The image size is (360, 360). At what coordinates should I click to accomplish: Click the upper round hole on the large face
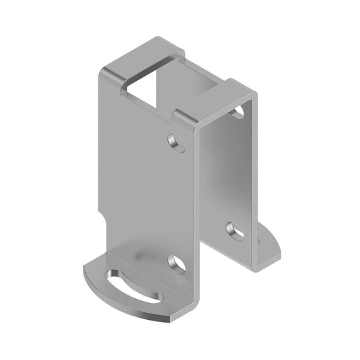[177, 143]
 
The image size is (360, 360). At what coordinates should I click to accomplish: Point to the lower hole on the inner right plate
[234, 229]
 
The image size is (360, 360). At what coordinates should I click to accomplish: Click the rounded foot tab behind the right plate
[271, 243]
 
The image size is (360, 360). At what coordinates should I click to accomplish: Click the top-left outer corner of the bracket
[103, 70]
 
